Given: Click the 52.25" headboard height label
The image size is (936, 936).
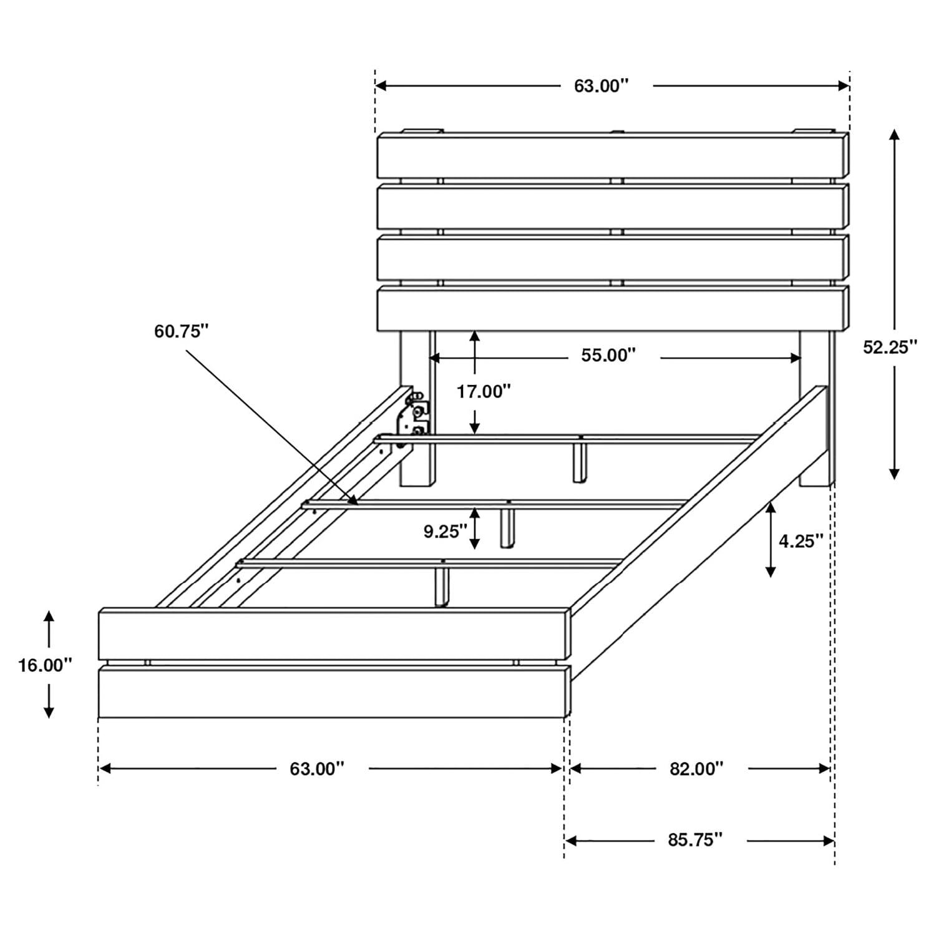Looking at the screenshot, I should [890, 347].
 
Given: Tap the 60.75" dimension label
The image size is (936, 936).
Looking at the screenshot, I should [181, 331].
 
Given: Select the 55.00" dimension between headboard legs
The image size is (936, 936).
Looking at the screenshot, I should [608, 355].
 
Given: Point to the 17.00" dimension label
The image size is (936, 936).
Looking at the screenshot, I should [484, 392].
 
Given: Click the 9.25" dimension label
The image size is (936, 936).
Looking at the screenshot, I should [446, 532].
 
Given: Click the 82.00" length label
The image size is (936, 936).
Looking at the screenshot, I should [696, 769].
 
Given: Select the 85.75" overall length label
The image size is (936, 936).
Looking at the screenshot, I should [695, 840].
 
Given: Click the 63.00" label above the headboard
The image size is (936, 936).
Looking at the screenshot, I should [601, 86].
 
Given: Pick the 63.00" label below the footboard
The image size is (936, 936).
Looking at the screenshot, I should [317, 769].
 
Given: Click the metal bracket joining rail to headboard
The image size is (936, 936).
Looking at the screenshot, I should [414, 415].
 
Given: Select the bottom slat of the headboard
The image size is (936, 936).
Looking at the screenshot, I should [612, 308].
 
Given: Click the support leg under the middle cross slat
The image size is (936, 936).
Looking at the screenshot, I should [507, 527].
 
